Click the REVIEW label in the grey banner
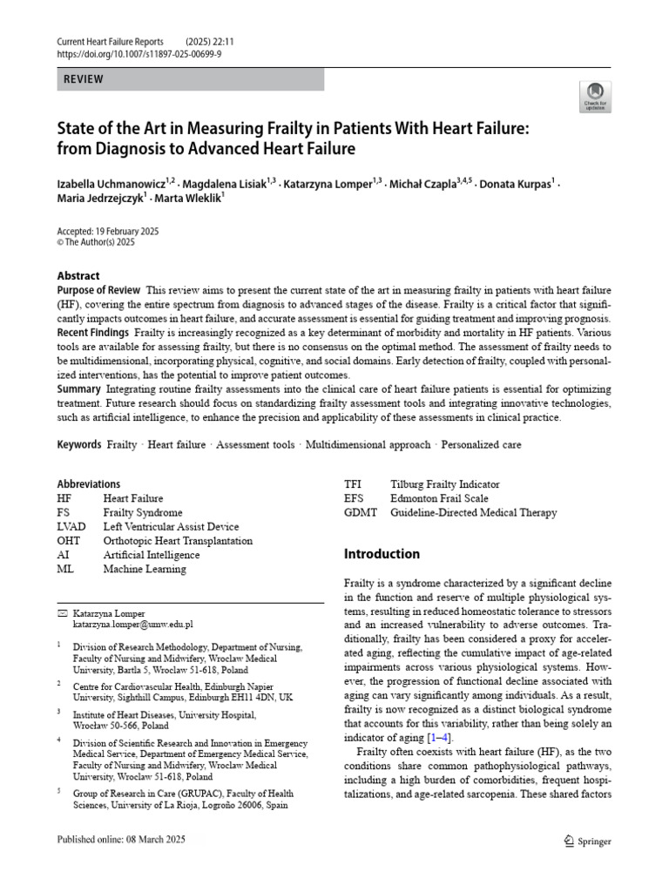coord(84,79)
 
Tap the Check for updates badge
coord(596,96)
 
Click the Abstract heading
coord(78,276)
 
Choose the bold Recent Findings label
coord(93,334)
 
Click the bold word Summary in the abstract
coord(78,389)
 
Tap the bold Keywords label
coord(79,445)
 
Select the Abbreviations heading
coord(89,484)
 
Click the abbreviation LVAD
coord(71,527)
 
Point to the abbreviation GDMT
coord(361,513)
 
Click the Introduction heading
coord(382,554)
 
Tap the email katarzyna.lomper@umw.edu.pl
coord(132,625)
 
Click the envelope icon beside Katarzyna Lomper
coord(61,612)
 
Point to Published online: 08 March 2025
coord(121,840)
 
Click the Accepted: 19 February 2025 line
coord(108,232)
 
